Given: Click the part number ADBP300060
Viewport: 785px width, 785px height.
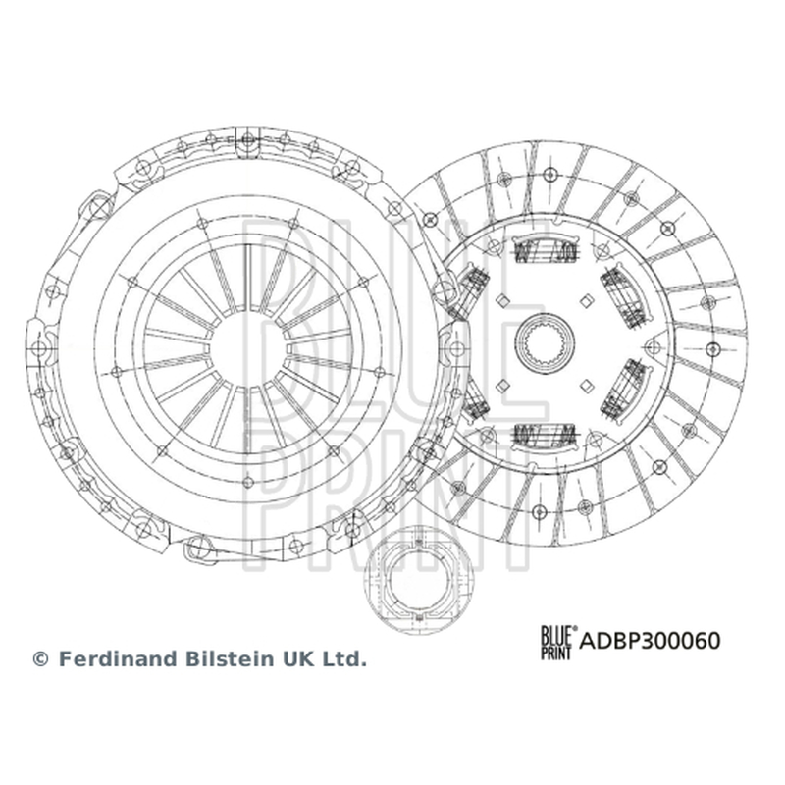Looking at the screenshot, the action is click(650, 641).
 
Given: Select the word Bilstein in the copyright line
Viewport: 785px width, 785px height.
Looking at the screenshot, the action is click(229, 658).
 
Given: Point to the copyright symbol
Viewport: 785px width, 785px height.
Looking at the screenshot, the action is click(40, 659).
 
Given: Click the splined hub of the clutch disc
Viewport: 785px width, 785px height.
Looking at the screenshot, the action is click(545, 342).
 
